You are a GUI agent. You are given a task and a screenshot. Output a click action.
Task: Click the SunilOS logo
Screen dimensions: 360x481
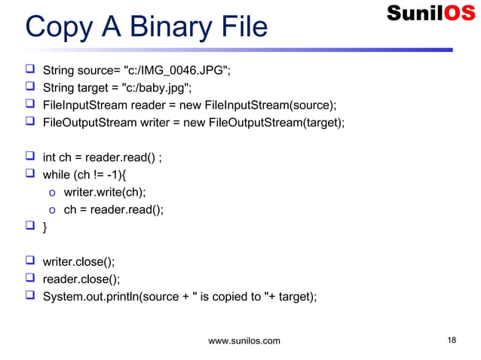coord(430,13)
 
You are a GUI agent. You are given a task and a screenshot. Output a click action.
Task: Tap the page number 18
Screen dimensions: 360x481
coord(451,340)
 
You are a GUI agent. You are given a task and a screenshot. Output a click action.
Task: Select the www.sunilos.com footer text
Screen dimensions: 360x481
coord(244,341)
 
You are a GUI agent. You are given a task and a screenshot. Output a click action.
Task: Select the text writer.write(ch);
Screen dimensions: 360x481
coord(105,192)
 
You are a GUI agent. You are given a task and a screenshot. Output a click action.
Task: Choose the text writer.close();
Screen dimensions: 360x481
coord(78,262)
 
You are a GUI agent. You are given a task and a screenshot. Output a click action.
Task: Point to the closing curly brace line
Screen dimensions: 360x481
coord(45,227)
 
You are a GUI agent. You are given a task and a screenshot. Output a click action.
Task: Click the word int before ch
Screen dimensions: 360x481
coord(49,157)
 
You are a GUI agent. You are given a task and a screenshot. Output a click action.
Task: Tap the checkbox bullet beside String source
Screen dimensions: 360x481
coord(30,72)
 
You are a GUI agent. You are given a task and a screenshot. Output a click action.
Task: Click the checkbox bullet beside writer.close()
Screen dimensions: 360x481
coord(30,262)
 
